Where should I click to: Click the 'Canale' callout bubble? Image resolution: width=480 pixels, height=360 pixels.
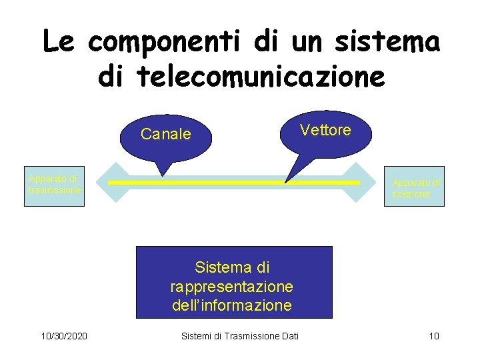(x=166, y=135)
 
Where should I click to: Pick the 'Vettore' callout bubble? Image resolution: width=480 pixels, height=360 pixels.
(x=325, y=131)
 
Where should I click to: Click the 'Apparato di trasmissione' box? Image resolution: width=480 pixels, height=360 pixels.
(x=54, y=185)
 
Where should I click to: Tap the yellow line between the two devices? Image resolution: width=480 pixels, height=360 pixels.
(x=233, y=182)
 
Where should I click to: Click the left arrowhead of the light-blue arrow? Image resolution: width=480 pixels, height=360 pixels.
(x=101, y=182)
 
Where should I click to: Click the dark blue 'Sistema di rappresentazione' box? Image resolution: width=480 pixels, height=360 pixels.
(x=233, y=282)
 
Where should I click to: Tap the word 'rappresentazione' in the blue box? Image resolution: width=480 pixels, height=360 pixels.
(x=231, y=287)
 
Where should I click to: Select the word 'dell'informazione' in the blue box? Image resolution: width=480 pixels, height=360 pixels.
(x=231, y=305)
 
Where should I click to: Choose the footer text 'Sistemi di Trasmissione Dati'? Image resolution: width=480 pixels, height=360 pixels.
(x=240, y=335)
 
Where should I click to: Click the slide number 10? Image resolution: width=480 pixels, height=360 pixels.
(x=434, y=335)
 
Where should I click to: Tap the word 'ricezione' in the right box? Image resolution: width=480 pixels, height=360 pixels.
(x=411, y=195)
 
